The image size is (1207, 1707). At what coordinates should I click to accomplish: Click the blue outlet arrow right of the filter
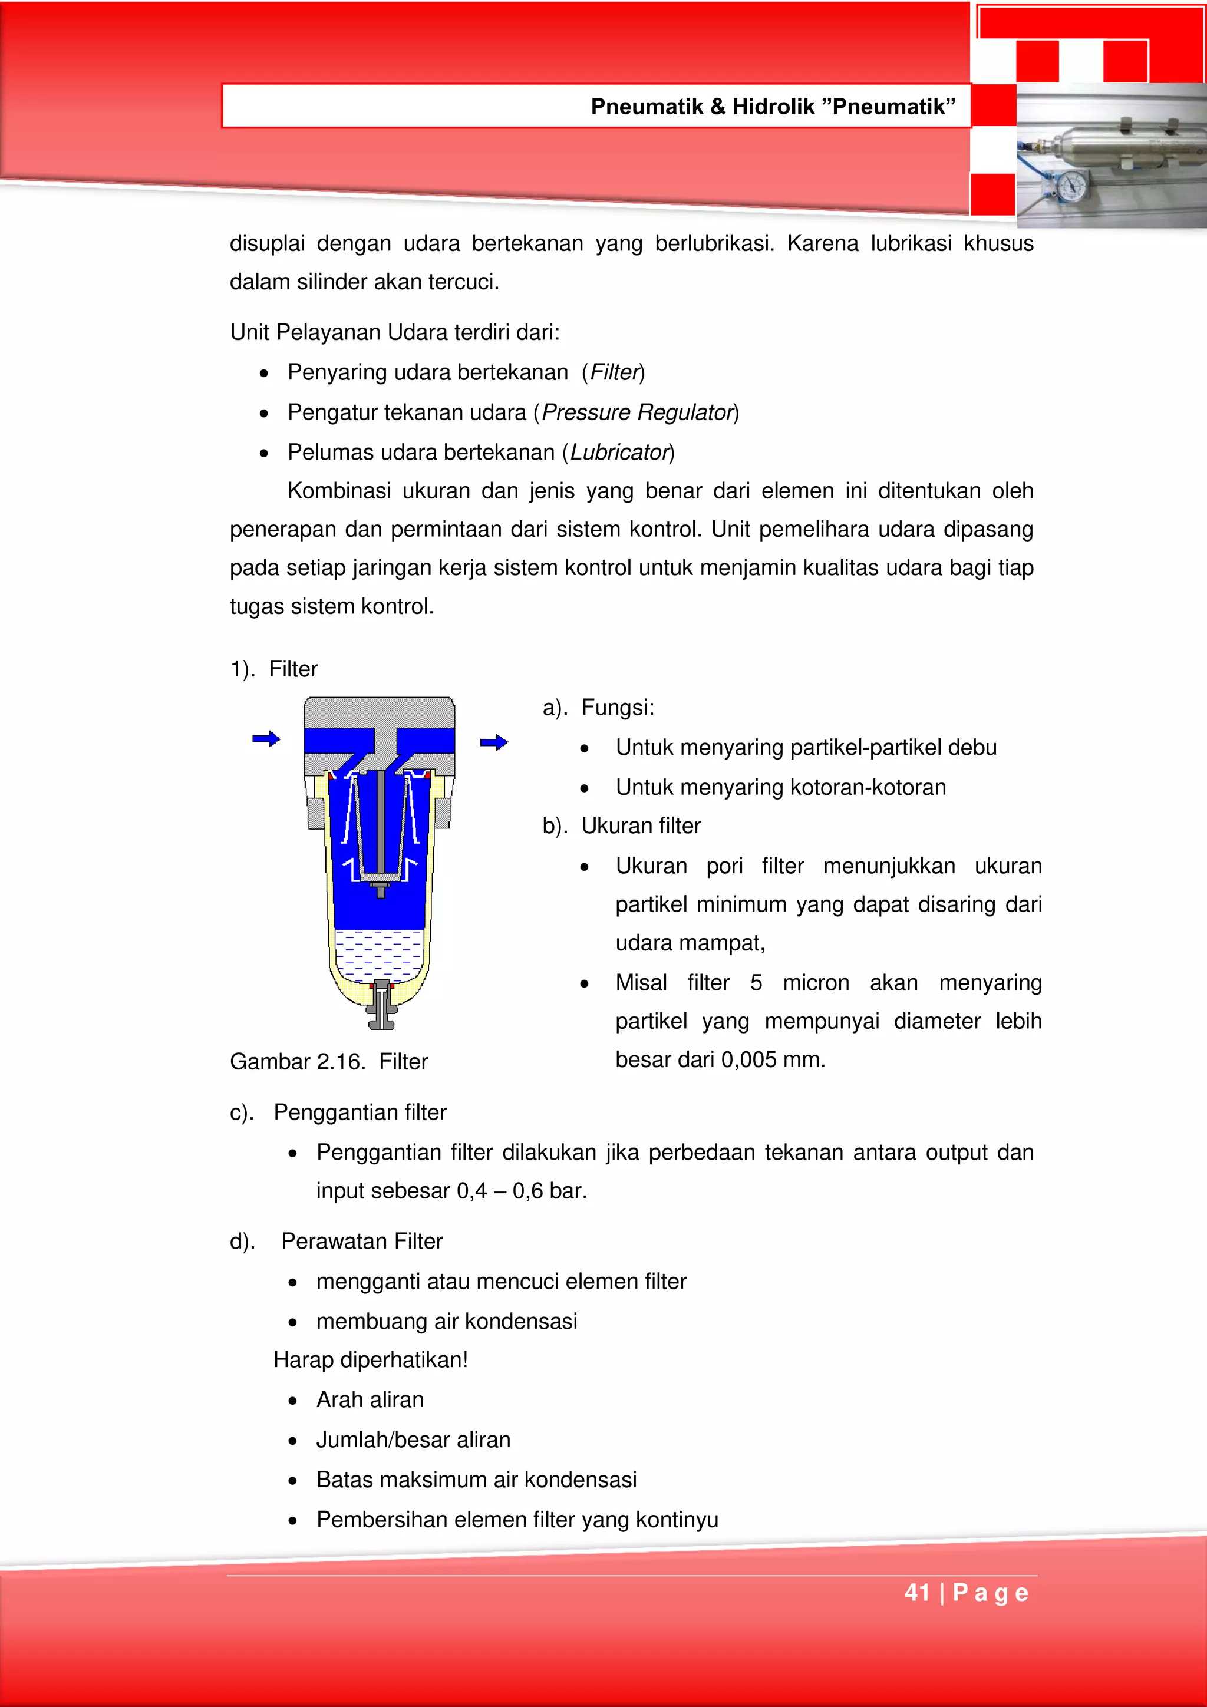(494, 742)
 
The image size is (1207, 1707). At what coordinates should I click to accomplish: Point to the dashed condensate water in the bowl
(380, 955)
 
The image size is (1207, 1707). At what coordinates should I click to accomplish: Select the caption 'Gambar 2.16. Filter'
(329, 1061)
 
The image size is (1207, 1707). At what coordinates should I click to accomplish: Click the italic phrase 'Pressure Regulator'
(637, 412)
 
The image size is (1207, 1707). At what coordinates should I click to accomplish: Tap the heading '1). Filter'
(273, 669)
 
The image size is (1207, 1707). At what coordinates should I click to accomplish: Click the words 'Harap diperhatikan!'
(370, 1360)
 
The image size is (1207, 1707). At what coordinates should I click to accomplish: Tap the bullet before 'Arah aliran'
(293, 1401)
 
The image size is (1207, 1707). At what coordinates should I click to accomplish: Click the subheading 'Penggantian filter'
(360, 1112)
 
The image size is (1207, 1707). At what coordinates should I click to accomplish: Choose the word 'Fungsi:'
(617, 707)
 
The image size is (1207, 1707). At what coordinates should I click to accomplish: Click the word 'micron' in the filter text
(816, 983)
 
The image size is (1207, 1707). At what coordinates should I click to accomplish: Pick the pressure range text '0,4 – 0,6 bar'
(522, 1191)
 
